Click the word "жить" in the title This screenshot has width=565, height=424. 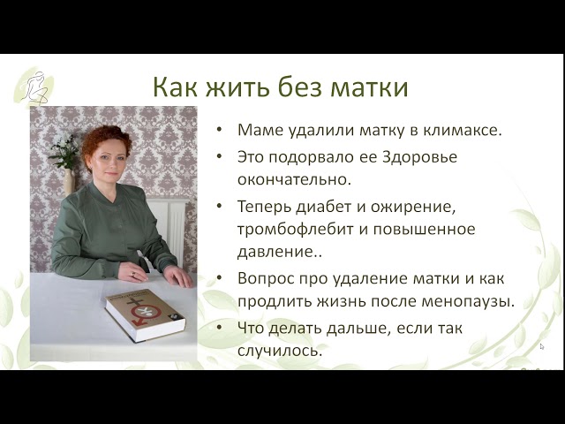[x=237, y=87]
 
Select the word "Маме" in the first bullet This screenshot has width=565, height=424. [x=258, y=130]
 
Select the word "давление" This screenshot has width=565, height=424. [x=275, y=252]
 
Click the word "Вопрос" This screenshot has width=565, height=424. [x=265, y=278]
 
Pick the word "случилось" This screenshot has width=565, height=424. [x=279, y=351]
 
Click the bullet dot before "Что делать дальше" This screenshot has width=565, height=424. [x=220, y=327]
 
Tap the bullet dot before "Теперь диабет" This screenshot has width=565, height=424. [x=220, y=206]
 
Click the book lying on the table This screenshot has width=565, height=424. [x=145, y=315]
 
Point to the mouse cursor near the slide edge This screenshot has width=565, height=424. [x=541, y=347]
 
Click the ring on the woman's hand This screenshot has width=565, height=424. [x=133, y=275]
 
